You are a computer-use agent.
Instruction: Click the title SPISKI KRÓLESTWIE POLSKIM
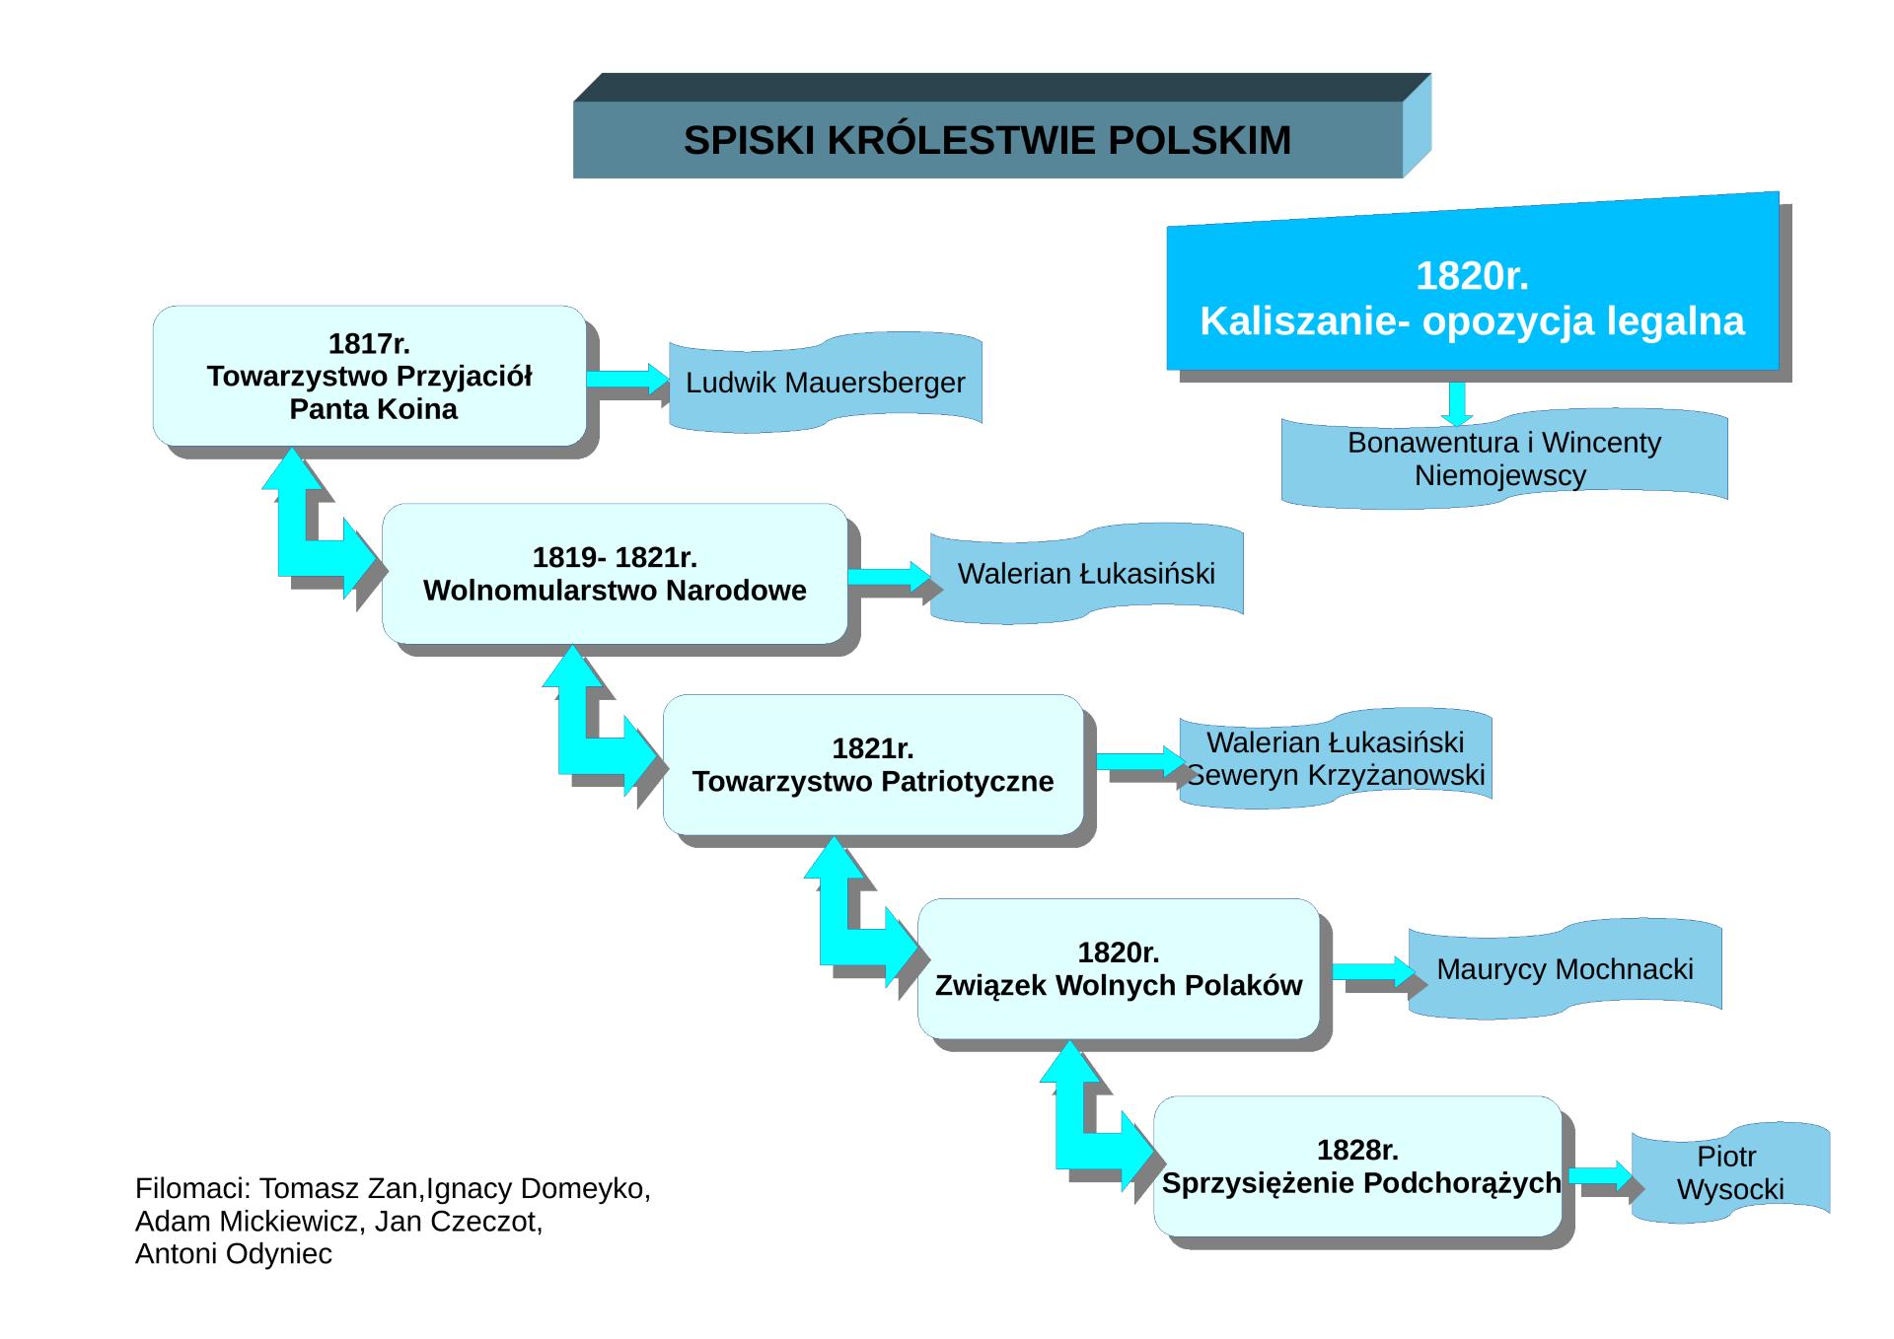pyautogui.click(x=986, y=140)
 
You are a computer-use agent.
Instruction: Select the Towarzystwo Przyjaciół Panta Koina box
pyautogui.click(x=370, y=376)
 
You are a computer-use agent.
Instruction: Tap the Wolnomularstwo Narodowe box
pyautogui.click(x=615, y=574)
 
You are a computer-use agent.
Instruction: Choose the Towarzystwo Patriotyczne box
pyautogui.click(x=873, y=765)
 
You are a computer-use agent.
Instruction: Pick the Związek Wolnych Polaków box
pyautogui.click(x=1119, y=968)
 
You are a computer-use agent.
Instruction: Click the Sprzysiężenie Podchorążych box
pyautogui.click(x=1357, y=1166)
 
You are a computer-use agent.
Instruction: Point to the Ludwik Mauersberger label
pyautogui.click(x=826, y=383)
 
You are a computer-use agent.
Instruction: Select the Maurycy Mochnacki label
pyautogui.click(x=1566, y=969)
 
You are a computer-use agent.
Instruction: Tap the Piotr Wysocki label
pyautogui.click(x=1730, y=1172)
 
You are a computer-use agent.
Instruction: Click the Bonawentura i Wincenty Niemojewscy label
pyautogui.click(x=1504, y=458)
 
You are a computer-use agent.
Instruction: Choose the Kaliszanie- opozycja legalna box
pyautogui.click(x=1473, y=298)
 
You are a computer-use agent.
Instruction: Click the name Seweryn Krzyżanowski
pyautogui.click(x=1337, y=775)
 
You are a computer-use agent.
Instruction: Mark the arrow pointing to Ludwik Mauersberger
pyautogui.click(x=627, y=379)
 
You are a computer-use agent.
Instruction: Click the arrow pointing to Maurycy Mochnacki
pyautogui.click(x=1374, y=971)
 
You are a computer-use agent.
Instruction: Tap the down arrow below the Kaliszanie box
pyautogui.click(x=1457, y=403)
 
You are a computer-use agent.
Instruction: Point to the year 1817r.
pyautogui.click(x=369, y=343)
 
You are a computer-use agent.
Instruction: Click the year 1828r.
pyautogui.click(x=1357, y=1150)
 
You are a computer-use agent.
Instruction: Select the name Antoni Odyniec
pyautogui.click(x=234, y=1253)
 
